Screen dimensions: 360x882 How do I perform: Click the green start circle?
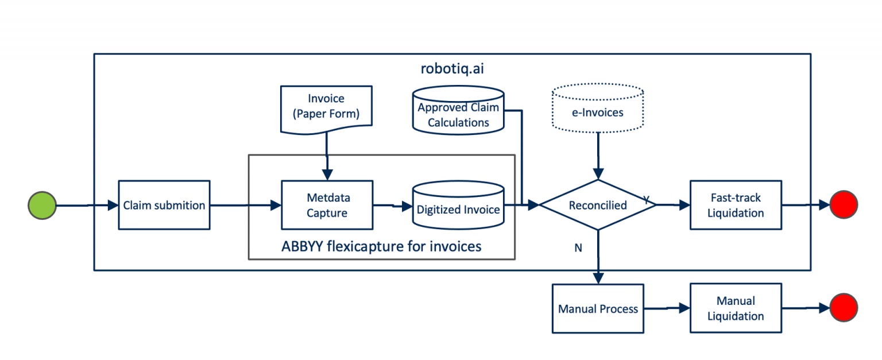[42, 205]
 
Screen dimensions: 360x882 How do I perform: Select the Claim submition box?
[164, 205]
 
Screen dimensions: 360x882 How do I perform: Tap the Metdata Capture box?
[327, 205]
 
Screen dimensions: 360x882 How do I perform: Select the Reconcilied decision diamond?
[598, 205]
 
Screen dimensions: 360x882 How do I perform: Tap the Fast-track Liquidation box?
[736, 205]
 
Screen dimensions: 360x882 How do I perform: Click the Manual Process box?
[598, 308]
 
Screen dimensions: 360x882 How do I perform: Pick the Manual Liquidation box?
[736, 308]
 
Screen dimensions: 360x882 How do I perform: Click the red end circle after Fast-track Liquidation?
[844, 204]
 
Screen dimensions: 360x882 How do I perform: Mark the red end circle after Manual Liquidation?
[844, 307]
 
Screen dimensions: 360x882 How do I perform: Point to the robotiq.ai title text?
[452, 69]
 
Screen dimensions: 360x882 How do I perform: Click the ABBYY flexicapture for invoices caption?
[381, 246]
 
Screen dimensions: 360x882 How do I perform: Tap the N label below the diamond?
[578, 247]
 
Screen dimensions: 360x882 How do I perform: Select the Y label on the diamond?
[647, 199]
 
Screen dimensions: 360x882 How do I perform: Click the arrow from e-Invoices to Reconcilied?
[598, 155]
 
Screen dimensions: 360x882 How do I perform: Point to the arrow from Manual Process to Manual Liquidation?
[666, 308]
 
